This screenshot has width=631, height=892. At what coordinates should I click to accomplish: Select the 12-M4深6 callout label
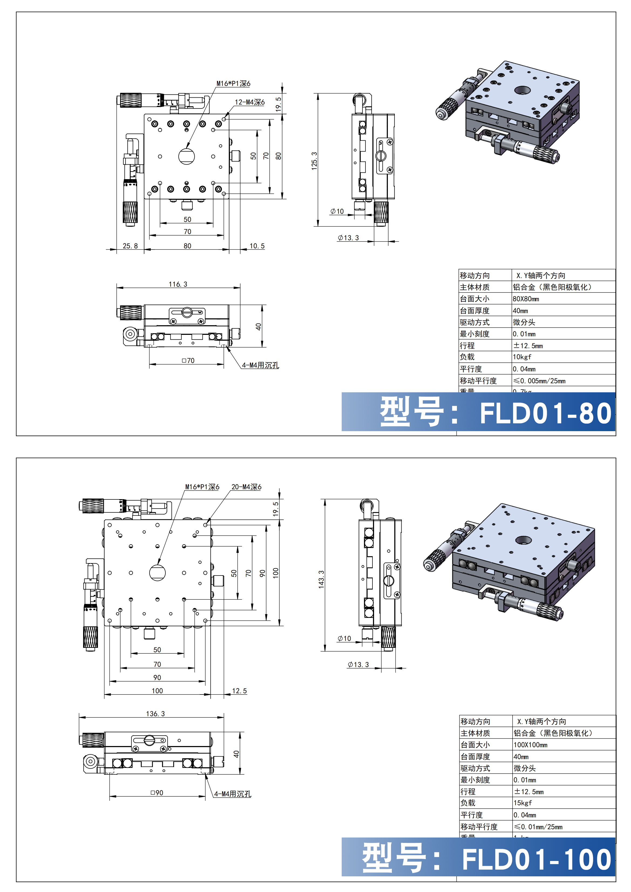pos(249,102)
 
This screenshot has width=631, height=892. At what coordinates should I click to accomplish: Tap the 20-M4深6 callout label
pos(246,487)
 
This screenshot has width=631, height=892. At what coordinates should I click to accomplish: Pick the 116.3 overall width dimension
pos(178,284)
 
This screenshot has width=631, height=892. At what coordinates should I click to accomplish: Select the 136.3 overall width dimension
pos(155,714)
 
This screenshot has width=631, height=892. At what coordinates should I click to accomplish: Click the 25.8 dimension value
pos(130,246)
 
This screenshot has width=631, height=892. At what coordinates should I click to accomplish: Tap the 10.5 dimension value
pos(257,246)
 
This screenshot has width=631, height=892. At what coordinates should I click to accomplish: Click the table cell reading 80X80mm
pos(526,299)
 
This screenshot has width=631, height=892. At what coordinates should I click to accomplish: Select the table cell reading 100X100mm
pos(530,745)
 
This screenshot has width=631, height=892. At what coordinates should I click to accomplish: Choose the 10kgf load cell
pos(522,357)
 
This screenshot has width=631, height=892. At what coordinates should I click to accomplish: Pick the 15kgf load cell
pos(523,803)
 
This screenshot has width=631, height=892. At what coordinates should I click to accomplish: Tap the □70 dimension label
pos(188,360)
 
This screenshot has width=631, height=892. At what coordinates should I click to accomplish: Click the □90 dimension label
pos(157,792)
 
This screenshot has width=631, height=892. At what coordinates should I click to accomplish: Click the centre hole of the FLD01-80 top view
pos(186,156)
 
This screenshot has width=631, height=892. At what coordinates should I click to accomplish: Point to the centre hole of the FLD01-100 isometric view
pos(523,540)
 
